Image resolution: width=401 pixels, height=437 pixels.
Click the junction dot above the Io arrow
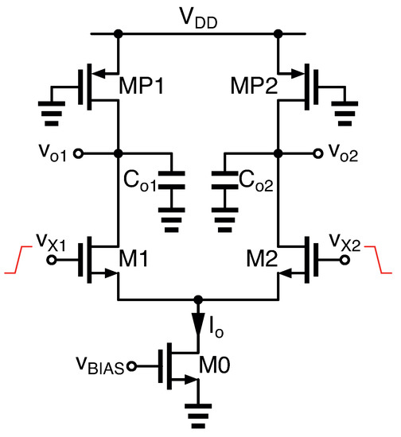(198, 300)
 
